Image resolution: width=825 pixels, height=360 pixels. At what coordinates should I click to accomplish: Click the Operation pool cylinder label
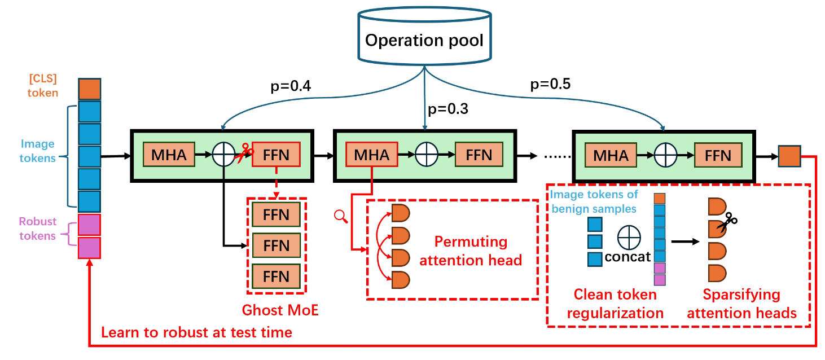point(424,41)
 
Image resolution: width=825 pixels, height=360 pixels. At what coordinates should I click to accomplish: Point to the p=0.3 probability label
point(449,108)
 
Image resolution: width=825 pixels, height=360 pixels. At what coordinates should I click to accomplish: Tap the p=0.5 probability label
point(550,85)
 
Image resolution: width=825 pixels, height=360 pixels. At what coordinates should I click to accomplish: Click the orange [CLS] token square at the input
point(89,90)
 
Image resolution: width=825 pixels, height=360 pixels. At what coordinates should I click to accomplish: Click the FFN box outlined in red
point(276,155)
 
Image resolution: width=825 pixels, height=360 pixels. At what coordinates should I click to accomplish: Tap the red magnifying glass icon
point(340,215)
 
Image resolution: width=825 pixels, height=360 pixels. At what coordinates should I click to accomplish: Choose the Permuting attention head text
point(471,251)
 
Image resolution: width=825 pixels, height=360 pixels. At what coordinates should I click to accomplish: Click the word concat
point(627,257)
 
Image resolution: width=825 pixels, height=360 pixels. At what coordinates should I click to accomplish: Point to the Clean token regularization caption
point(615,304)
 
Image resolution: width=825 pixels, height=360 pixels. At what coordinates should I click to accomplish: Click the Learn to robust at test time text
point(196,332)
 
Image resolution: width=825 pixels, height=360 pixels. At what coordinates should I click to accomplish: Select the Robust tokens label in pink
point(38,229)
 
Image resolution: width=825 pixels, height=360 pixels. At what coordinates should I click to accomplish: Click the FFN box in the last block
point(718,155)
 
